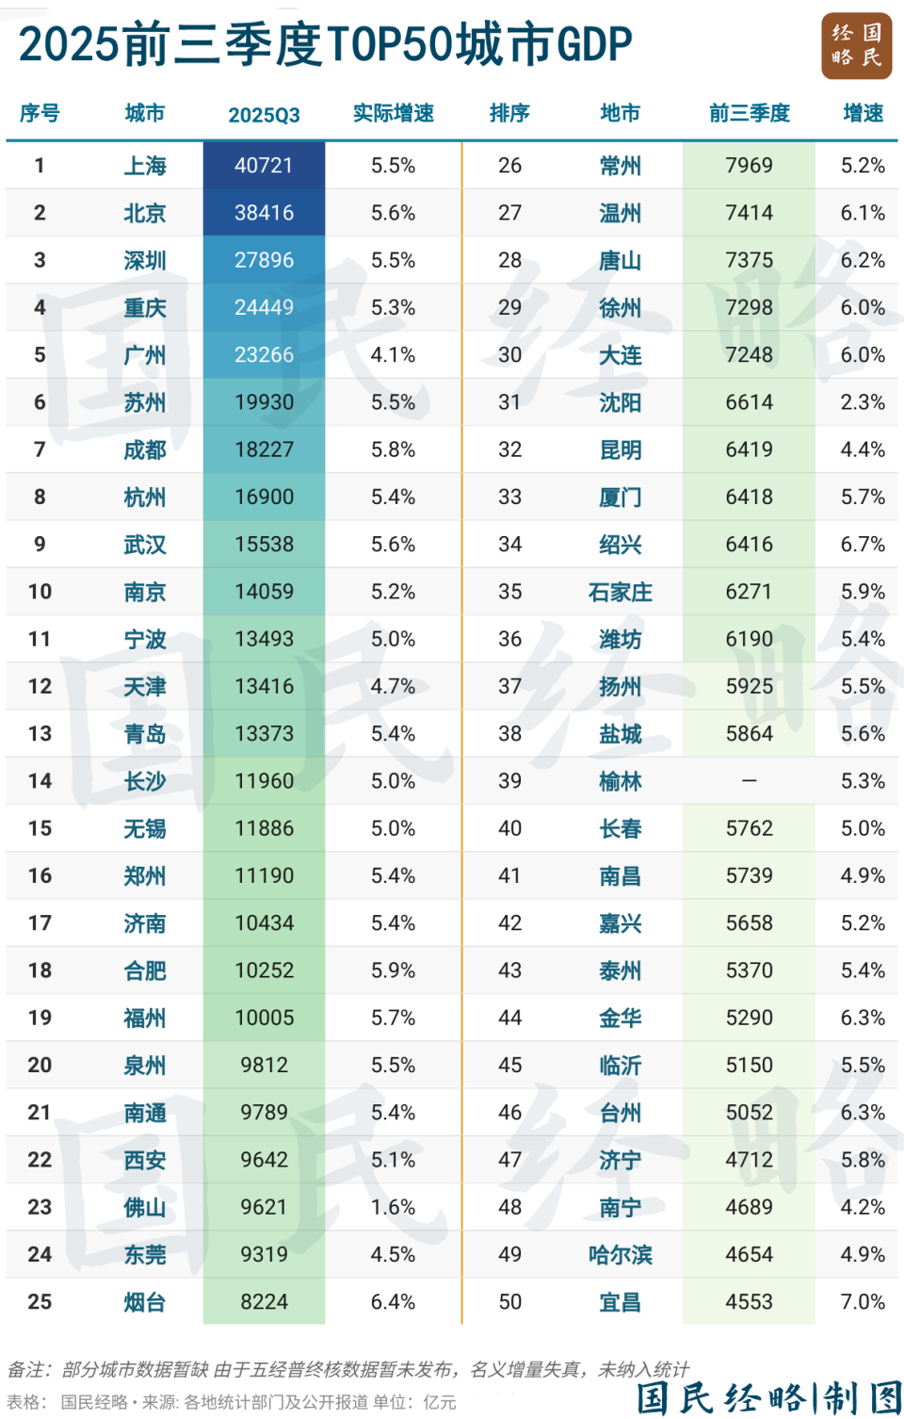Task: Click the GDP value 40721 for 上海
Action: [x=264, y=166]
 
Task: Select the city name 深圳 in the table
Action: [x=145, y=260]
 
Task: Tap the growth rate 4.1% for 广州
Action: [x=393, y=355]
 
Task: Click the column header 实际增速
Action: [x=393, y=114]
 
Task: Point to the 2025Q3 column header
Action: [x=264, y=115]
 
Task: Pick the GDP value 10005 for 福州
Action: [x=264, y=1018]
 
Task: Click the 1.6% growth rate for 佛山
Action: [x=393, y=1207]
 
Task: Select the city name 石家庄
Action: [x=620, y=592]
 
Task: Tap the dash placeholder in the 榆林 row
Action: [x=749, y=781]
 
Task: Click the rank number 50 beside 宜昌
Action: [x=509, y=1302]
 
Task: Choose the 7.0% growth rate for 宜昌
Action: [x=863, y=1302]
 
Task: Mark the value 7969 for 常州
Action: [x=749, y=166]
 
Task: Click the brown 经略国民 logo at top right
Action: [x=856, y=45]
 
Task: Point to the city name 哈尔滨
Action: [x=620, y=1255]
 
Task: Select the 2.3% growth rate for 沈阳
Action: [x=863, y=402]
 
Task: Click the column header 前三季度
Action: [x=749, y=114]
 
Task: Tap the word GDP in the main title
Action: [x=594, y=44]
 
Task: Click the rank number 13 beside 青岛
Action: [x=40, y=734]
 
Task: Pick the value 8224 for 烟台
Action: [x=264, y=1302]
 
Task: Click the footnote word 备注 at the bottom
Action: [x=28, y=1369]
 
